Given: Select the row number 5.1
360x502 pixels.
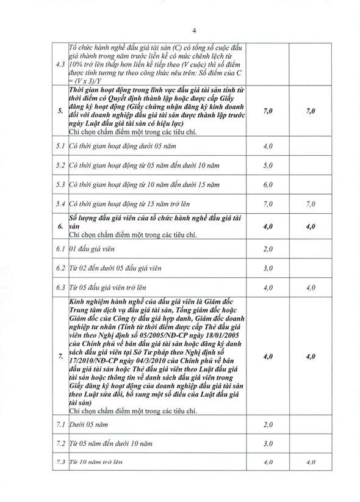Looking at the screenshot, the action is point(60,147).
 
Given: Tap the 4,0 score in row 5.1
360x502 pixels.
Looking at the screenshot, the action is point(267,147).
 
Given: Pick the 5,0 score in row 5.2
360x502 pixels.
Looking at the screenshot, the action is point(267,165).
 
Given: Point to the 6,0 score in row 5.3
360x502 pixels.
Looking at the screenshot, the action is point(267,184).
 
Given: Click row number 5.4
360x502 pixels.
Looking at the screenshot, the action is point(60,203).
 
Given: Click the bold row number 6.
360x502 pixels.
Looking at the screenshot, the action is point(60,227).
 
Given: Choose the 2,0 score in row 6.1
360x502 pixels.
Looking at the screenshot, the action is point(267,250).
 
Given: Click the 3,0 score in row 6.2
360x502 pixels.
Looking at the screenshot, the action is point(267,268).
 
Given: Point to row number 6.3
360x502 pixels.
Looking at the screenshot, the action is point(60,287).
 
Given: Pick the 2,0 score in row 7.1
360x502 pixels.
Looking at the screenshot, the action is point(267,424).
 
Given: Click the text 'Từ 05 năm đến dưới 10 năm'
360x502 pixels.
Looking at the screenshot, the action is point(107,443).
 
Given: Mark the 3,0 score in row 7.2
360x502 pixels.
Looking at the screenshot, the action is point(267,443).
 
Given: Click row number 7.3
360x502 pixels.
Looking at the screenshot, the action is point(60,462).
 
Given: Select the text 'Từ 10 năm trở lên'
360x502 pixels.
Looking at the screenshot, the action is point(96,462).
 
